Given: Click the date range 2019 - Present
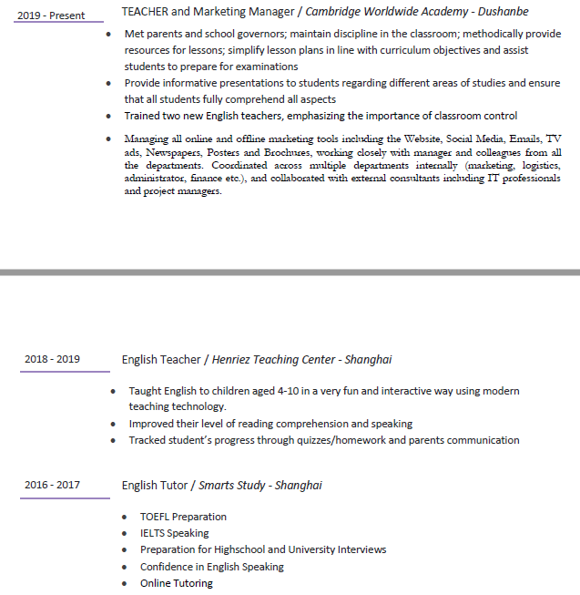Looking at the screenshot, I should (x=51, y=15).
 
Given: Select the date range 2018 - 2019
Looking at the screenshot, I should (x=52, y=359).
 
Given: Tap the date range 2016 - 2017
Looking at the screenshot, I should (x=52, y=485).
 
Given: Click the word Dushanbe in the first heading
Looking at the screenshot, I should (x=498, y=12).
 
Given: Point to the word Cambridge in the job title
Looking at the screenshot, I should (x=336, y=12).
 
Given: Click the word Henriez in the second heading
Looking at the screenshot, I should (x=236, y=360).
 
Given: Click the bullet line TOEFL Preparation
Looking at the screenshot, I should (x=183, y=517).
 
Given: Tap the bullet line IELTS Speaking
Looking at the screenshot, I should (x=174, y=533).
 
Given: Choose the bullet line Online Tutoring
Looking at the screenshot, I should (x=176, y=583).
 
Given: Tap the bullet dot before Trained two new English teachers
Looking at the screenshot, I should (x=109, y=117).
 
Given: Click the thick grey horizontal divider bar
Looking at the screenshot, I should (x=290, y=272).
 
